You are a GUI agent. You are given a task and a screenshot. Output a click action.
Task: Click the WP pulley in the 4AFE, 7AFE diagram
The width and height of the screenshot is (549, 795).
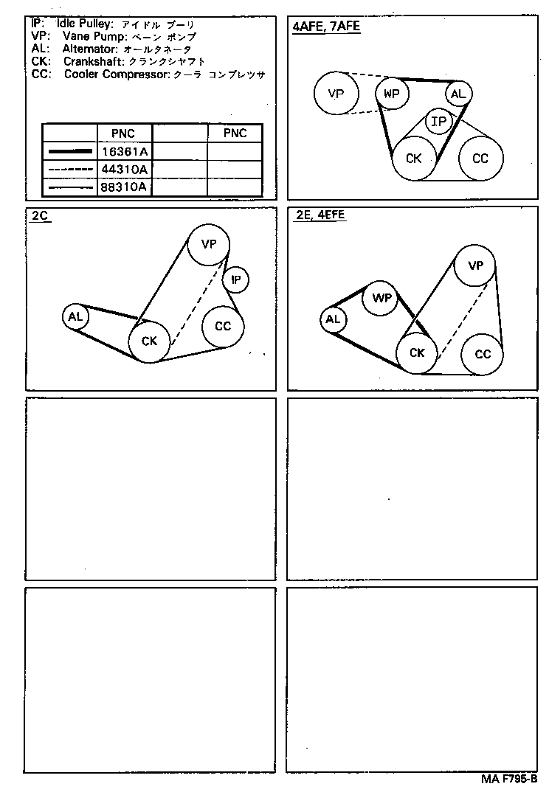[392, 94]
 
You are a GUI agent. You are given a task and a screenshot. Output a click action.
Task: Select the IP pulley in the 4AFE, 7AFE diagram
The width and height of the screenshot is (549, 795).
[438, 122]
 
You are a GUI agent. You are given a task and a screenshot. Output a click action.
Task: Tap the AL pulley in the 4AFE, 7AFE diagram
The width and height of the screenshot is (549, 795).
[458, 94]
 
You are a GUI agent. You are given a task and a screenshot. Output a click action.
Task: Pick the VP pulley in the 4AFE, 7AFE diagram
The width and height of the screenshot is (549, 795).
[336, 94]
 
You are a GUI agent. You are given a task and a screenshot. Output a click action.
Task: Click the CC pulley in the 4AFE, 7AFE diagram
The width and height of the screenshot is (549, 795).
[480, 159]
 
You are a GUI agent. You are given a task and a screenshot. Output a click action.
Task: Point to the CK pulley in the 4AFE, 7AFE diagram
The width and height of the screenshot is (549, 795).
[414, 159]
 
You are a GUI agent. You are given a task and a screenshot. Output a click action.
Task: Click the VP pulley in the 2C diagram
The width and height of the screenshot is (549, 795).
[209, 245]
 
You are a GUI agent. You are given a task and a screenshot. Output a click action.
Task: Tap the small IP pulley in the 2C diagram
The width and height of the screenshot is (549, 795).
[236, 280]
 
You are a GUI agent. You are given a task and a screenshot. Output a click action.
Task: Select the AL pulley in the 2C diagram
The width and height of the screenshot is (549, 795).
[75, 317]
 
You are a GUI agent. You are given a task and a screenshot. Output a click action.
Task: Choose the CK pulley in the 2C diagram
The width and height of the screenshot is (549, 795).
[150, 341]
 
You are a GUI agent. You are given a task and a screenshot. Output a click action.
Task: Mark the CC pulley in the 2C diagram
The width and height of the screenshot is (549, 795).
[223, 327]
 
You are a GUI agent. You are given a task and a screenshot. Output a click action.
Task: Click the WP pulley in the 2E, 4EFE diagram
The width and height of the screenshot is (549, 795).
[381, 298]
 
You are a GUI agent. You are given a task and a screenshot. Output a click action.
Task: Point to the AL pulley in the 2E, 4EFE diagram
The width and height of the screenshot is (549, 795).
[333, 319]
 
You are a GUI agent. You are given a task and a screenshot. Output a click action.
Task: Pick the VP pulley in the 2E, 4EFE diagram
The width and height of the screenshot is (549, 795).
[476, 266]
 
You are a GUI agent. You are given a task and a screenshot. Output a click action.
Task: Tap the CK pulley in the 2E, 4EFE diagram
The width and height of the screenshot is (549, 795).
[417, 353]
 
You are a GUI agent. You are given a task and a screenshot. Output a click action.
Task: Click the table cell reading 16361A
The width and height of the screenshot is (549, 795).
[125, 150]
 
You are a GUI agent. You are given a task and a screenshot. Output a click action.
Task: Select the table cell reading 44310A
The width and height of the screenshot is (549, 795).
[125, 169]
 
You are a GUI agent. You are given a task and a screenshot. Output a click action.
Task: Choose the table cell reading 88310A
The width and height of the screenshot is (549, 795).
[125, 187]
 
